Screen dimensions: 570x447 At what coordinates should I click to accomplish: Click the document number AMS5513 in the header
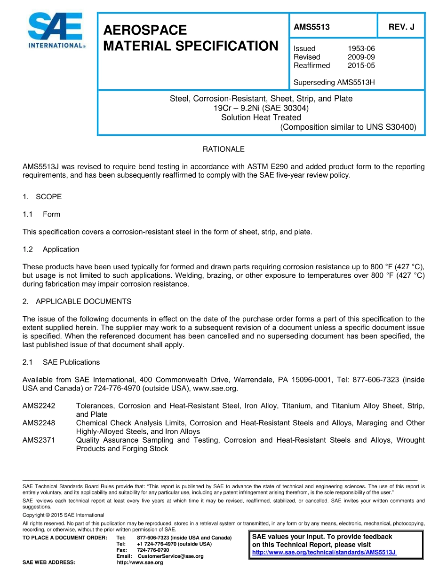pos(311,27)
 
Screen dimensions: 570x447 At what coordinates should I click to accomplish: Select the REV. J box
pos(401,27)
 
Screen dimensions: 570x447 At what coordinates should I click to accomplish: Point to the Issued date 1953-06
pos(361,48)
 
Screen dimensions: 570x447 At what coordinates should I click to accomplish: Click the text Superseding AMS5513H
pos(334,83)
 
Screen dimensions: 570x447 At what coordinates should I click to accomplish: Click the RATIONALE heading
pos(223,149)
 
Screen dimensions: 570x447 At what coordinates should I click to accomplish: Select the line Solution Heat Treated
pos(261,117)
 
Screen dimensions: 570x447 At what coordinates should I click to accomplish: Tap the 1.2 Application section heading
pos(51,249)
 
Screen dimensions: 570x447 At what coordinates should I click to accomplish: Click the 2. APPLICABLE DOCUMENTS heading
pos(77,301)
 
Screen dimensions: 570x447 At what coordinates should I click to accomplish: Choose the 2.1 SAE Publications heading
pos(61,362)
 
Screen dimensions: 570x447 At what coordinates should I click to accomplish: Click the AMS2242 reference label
pos(39,406)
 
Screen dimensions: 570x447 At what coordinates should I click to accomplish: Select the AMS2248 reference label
pos(39,423)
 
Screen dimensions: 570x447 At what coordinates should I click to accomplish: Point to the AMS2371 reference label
pos(39,440)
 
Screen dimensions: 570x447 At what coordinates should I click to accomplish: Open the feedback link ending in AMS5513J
pos(324,552)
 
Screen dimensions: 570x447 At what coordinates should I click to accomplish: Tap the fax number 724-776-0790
pos(153,550)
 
